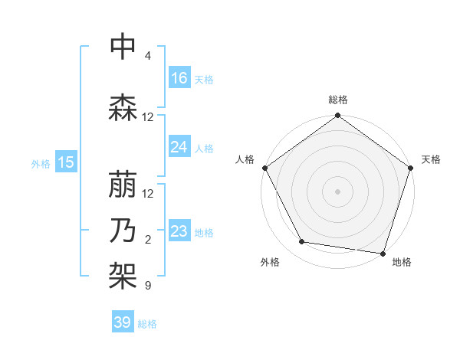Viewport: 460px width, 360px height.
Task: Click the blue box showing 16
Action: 179,78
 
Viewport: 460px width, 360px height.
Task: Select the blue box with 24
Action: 179,147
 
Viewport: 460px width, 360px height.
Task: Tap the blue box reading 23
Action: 179,231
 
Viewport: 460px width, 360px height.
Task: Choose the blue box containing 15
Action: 66,162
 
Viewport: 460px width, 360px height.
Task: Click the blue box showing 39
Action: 122,322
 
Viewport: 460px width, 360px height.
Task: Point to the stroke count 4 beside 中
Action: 148,56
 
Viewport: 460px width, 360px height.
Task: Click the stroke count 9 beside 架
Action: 148,286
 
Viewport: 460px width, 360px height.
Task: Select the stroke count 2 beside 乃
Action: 148,240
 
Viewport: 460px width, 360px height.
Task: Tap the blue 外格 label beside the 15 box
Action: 41,163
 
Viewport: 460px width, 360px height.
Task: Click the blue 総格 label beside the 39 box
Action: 147,324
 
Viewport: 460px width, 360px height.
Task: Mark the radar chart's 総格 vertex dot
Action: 337,116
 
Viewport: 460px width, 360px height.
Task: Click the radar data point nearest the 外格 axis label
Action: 302,242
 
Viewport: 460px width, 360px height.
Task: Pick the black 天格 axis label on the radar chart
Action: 431,159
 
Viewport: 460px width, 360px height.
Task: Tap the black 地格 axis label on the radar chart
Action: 402,262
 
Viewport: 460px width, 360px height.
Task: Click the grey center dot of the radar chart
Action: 337,191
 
